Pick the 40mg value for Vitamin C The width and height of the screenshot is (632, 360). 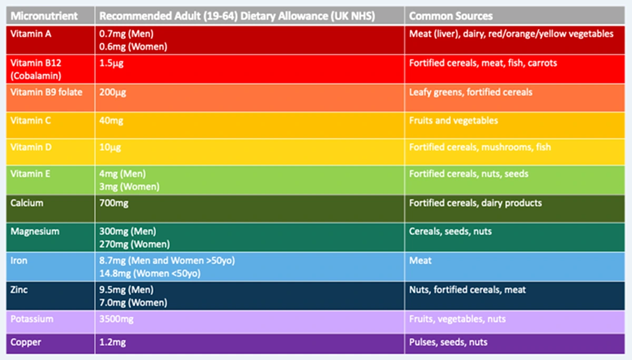(x=111, y=121)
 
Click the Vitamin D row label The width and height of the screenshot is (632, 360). (x=31, y=147)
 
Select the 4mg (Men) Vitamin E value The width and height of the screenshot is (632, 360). (x=122, y=174)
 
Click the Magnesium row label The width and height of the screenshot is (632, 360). (x=35, y=232)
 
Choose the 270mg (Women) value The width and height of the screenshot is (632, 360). (x=134, y=244)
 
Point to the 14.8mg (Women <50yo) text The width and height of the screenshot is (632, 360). (x=150, y=274)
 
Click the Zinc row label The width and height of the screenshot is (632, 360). (x=19, y=290)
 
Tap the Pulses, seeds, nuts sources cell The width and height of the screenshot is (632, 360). (x=448, y=342)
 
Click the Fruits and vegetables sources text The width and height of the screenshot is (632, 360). (x=453, y=121)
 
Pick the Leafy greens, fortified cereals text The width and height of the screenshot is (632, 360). (x=470, y=93)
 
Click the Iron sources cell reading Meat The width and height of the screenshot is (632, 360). (x=420, y=261)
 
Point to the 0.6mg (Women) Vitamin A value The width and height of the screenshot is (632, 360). (x=133, y=46)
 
